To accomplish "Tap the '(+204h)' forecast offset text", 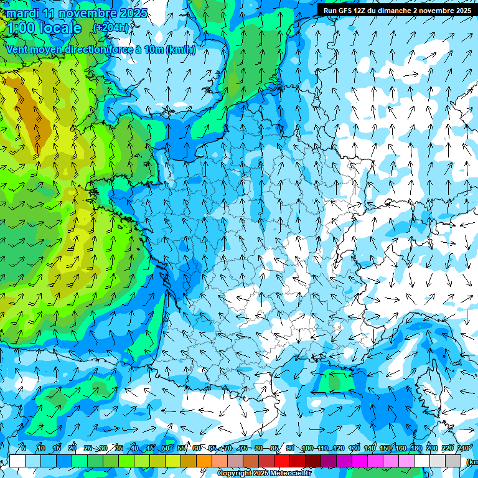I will [x=111, y=27].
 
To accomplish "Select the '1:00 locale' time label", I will [x=44, y=28].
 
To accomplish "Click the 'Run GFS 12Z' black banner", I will [x=396, y=10].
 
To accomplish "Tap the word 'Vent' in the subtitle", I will [x=17, y=50].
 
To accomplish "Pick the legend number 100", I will [x=307, y=449].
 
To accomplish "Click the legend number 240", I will [x=464, y=449].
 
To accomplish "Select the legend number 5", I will [x=23, y=449].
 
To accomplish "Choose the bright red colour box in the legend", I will [x=282, y=461].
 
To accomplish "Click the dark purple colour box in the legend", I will [x=329, y=461].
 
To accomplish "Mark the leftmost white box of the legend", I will [x=17, y=461].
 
